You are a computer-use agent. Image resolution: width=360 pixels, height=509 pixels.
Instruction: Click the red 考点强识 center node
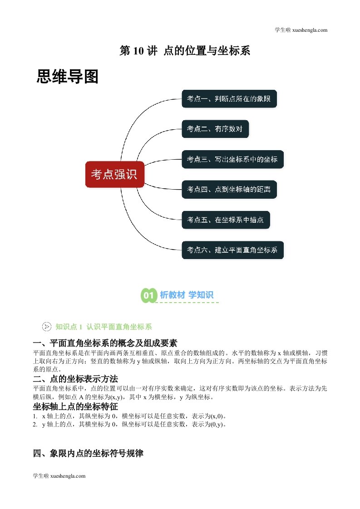[115, 174]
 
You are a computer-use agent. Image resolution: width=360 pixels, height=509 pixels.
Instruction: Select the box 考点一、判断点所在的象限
[229, 99]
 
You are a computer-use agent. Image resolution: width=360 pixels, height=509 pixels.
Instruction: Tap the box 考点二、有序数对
[215, 129]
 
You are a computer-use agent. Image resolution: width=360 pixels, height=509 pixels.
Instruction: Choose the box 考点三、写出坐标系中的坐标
[232, 159]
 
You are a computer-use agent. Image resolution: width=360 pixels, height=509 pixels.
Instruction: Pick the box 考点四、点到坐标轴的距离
[229, 189]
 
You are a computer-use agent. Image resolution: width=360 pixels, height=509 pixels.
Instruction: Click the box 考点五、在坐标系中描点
[226, 220]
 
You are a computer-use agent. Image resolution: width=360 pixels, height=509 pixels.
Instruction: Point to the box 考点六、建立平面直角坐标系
[232, 250]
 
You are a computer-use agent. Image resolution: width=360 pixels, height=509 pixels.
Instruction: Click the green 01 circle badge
[149, 295]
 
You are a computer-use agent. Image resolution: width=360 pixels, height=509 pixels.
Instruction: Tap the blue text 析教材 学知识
[187, 295]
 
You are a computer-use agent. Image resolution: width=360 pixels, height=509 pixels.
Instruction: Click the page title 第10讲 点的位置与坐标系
[185, 51]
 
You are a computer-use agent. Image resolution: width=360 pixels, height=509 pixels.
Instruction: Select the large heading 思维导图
[67, 77]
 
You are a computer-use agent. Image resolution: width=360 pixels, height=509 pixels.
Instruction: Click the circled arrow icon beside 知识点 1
[47, 327]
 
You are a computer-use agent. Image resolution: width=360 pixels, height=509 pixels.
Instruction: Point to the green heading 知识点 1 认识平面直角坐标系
[104, 327]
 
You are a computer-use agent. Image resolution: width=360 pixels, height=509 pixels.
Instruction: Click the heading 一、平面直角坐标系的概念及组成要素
[105, 343]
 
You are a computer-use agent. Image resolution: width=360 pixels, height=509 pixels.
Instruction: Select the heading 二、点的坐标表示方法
[75, 379]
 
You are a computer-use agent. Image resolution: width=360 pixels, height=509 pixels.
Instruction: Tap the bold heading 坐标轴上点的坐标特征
[75, 406]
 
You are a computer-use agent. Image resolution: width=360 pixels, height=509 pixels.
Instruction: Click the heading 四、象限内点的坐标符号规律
[88, 453]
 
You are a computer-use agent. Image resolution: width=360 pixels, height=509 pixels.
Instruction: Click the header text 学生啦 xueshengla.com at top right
[301, 30]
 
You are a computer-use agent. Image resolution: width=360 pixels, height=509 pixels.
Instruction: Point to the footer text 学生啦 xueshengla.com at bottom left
[59, 476]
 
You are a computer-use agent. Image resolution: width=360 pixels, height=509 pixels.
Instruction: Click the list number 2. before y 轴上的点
[35, 424]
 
